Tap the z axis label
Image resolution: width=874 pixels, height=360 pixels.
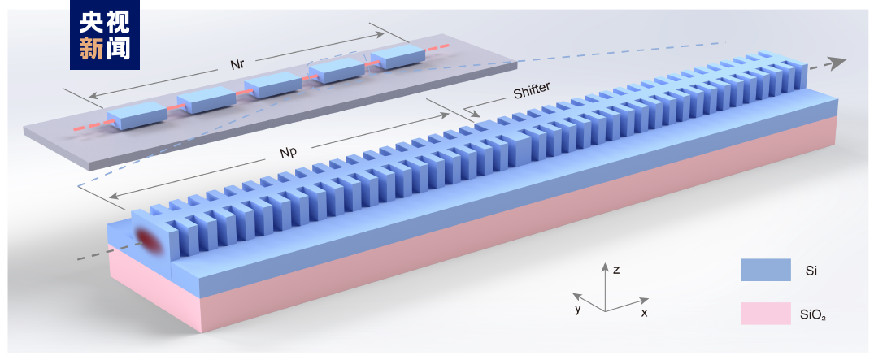pyautogui.click(x=616, y=270)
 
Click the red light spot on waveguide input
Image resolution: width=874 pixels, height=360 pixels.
pyautogui.click(x=149, y=238)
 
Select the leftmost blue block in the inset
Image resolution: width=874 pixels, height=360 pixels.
pyautogui.click(x=137, y=115)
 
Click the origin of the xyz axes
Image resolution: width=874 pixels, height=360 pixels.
pyautogui.click(x=604, y=310)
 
